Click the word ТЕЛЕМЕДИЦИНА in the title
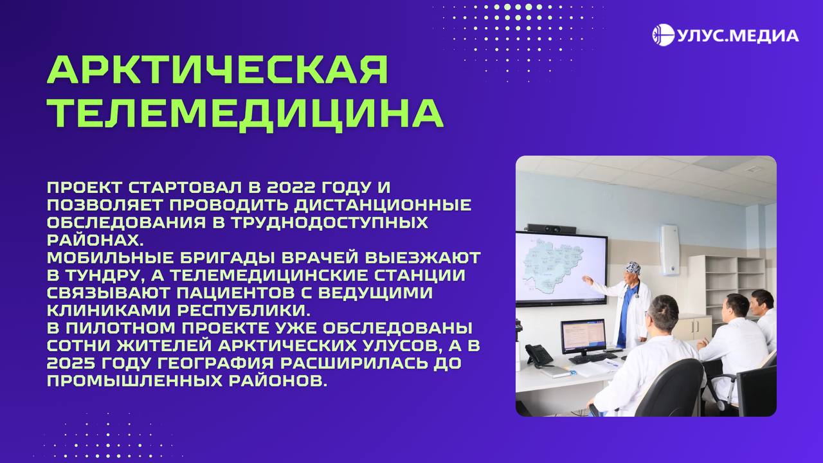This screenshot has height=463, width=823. pos(245,113)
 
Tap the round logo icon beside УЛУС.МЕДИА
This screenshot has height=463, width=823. pos(663,35)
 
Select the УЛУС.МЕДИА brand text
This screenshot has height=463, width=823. pos(737,35)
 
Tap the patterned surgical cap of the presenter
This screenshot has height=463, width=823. pos(634,267)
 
